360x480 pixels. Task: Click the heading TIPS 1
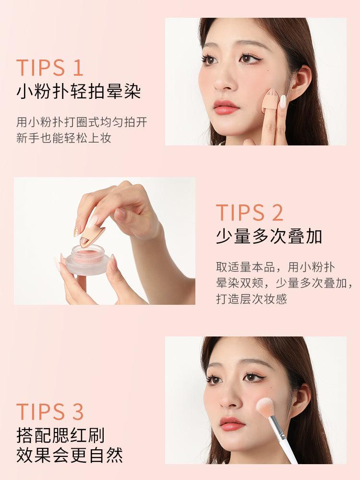[50, 68]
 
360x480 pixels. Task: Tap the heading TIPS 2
[249, 213]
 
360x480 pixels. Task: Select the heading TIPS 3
[50, 412]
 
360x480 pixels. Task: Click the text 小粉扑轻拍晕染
[79, 91]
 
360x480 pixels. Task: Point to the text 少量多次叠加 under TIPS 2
[269, 237]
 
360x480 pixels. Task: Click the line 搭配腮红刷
[60, 435]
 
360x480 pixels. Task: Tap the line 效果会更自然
[70, 455]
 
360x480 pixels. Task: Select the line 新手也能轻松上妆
[64, 138]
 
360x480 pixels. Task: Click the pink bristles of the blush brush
[265, 407]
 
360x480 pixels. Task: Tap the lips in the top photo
[226, 107]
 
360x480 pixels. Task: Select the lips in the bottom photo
[233, 423]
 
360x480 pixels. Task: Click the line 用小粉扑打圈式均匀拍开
[82, 122]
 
